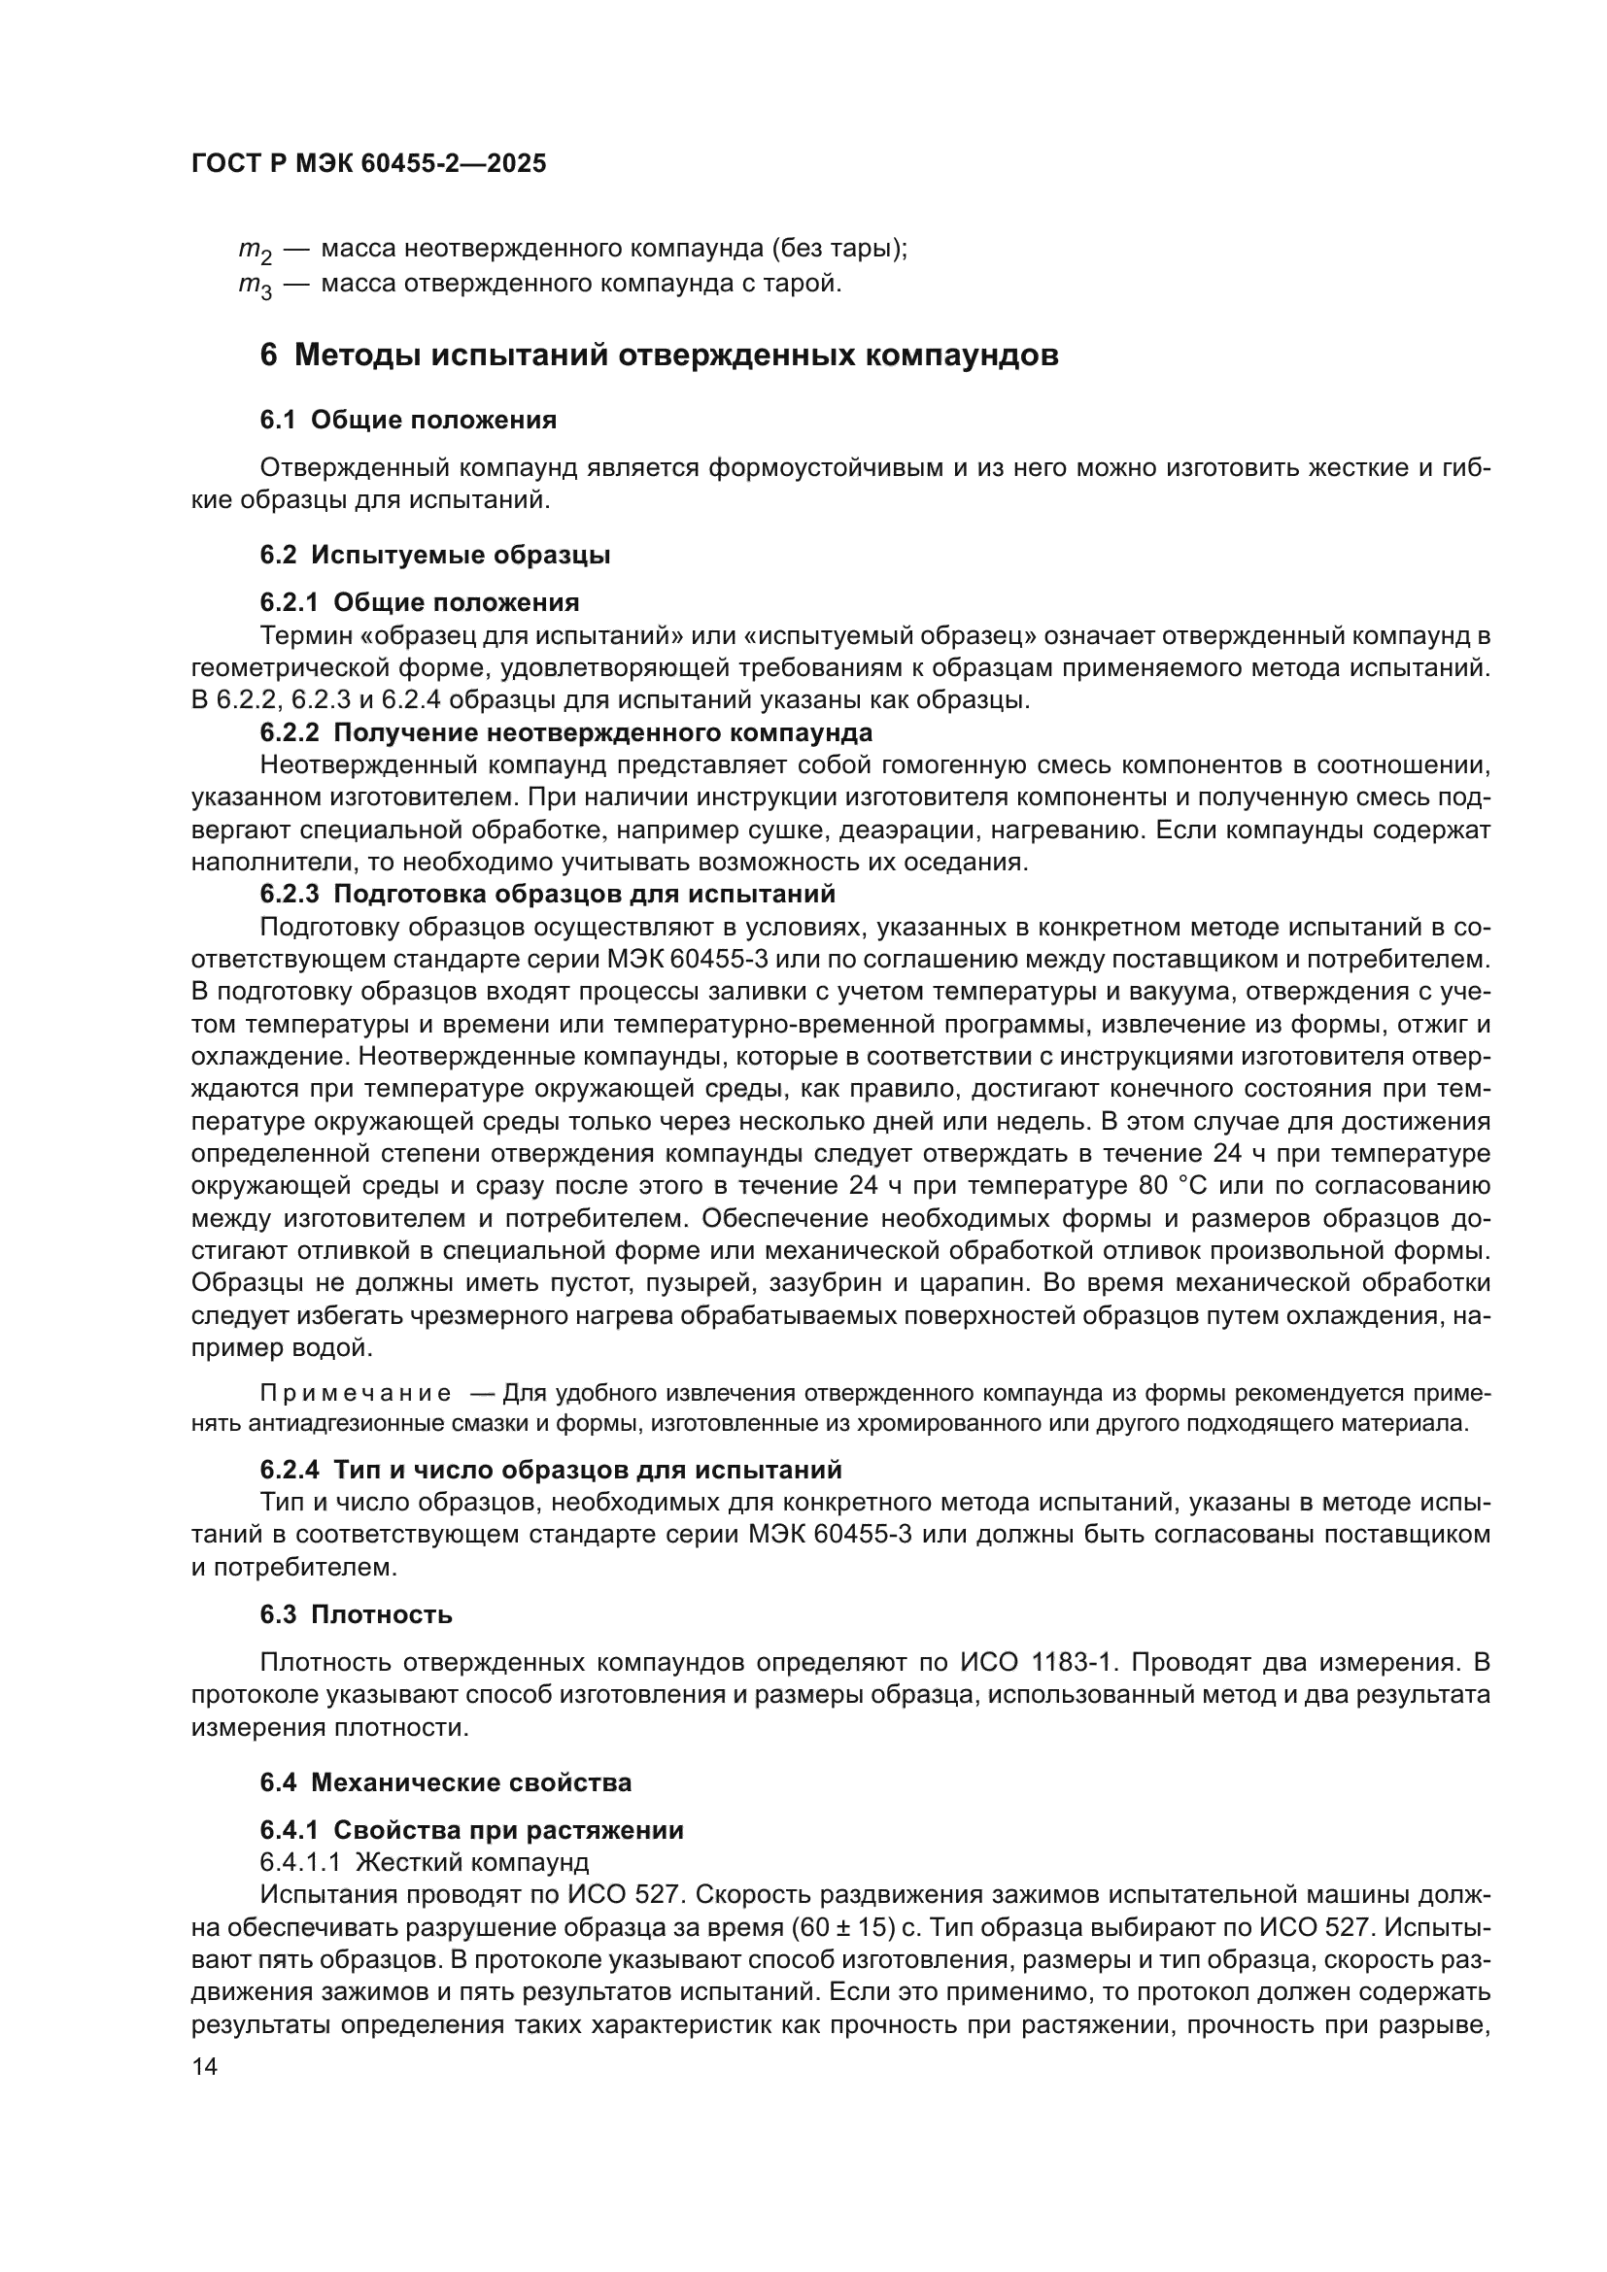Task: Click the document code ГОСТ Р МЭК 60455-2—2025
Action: (x=368, y=164)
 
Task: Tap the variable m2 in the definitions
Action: (x=255, y=251)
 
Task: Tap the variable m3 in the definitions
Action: (x=255, y=287)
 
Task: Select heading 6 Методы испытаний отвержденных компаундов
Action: (x=659, y=356)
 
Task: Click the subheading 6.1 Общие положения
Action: (x=408, y=420)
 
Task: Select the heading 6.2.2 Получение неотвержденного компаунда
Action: (x=566, y=733)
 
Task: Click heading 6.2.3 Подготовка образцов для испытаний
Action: (x=547, y=894)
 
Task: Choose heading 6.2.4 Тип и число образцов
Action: (x=550, y=1470)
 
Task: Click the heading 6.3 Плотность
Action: (x=357, y=1615)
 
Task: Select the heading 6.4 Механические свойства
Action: (x=445, y=1783)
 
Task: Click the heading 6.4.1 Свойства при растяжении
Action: (x=471, y=1830)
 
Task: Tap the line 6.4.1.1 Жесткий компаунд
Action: (x=424, y=1862)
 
